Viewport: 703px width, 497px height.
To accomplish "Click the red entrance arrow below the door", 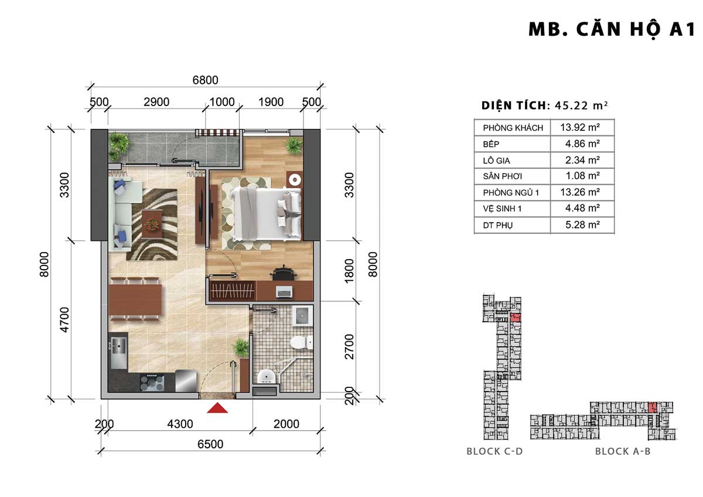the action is [217, 408].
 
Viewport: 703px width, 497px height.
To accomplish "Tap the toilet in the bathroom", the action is [301, 342].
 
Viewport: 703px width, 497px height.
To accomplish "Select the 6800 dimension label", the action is [205, 80].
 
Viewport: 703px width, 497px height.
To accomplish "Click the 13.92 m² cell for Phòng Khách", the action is [580, 127].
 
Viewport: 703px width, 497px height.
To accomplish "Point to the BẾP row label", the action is [491, 144].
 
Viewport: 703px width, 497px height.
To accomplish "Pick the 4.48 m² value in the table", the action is [582, 208].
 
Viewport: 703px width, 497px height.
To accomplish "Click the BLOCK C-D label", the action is [494, 451].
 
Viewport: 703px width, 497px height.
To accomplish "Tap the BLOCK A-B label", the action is [623, 451].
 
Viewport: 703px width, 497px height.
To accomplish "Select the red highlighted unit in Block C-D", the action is [516, 318].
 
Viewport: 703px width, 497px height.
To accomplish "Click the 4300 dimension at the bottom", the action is [180, 424].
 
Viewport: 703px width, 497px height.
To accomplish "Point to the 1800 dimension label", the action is [349, 271].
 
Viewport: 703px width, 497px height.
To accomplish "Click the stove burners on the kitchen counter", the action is [152, 383].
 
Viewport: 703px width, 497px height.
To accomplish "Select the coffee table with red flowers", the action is [152, 224].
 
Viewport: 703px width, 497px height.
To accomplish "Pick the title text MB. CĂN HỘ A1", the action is [612, 30].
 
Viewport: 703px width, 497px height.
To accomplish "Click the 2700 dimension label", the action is [349, 347].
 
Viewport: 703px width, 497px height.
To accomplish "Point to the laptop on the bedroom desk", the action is [284, 292].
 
